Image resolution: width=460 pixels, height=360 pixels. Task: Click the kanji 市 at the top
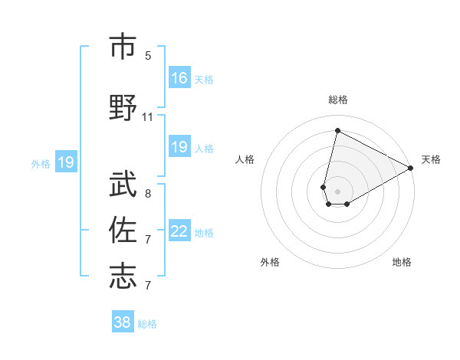pos(122,47)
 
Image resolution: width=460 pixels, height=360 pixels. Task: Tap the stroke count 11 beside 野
pos(148,117)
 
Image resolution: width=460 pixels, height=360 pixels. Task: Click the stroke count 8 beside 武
pos(148,194)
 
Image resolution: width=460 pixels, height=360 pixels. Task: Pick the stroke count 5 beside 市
pos(148,56)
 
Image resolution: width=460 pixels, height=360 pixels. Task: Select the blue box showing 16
pos(179,78)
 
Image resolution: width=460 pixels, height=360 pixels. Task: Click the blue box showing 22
pos(179,231)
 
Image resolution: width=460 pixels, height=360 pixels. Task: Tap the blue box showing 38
pos(122,322)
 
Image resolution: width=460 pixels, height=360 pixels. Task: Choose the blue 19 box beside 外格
pos(65,162)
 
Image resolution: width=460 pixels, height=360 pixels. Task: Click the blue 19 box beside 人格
pos(179,147)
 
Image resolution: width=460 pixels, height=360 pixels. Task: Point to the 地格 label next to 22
pos(204,232)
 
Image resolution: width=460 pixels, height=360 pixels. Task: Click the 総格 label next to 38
pos(147,323)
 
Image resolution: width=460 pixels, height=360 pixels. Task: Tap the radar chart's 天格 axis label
pos(431,159)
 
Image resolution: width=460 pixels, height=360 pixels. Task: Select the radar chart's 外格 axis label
pos(270,262)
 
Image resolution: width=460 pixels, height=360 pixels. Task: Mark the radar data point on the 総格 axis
pos(337,131)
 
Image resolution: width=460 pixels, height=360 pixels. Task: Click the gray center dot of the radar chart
pos(337,190)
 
